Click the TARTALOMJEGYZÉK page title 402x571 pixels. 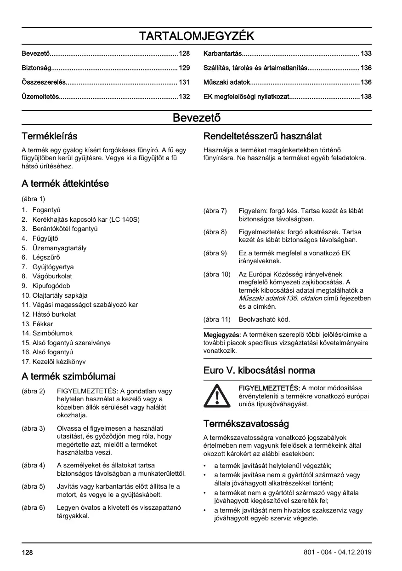click(197, 36)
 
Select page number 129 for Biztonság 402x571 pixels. click(184, 68)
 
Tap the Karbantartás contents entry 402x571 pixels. click(222, 54)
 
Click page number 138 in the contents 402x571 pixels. click(366, 97)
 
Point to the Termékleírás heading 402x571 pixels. click(50, 136)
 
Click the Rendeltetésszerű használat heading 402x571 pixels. click(262, 136)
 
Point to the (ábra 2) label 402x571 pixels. click(33, 391)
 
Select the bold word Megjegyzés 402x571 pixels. click(222, 335)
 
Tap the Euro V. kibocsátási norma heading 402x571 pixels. click(259, 370)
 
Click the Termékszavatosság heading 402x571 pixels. click(246, 423)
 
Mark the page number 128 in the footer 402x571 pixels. click(27, 552)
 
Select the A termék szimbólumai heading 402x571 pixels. click(68, 376)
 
